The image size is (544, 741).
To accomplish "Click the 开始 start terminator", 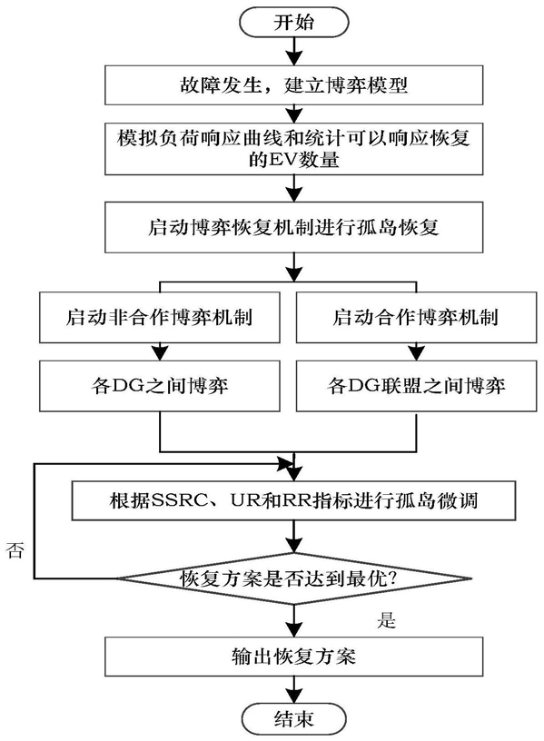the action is pos(294,22).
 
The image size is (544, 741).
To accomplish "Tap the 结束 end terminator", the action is pos(294,719).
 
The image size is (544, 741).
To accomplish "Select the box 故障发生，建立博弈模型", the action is pos(294,85).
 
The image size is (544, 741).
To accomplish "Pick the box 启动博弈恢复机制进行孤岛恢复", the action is pos(294,227).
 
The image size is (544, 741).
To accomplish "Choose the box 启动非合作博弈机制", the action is pos(160,317).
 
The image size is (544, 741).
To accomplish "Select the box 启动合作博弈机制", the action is pos(416,317).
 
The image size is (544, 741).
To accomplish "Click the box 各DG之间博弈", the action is pos(160,386).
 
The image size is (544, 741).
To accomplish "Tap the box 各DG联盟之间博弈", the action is pos(416,386).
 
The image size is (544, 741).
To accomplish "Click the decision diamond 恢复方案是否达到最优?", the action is pos(294,578).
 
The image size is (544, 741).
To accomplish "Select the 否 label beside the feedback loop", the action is pos(15,550).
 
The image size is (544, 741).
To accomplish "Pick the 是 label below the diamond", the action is pos(386,620).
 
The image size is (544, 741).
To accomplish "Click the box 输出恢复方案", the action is pos(294,657).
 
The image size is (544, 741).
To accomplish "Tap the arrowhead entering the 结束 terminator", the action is pos(294,697).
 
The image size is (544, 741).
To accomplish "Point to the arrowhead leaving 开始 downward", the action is pos(294,57).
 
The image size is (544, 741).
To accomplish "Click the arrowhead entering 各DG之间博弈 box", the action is pos(160,353).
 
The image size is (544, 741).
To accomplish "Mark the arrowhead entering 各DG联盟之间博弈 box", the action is pos(416,353).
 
